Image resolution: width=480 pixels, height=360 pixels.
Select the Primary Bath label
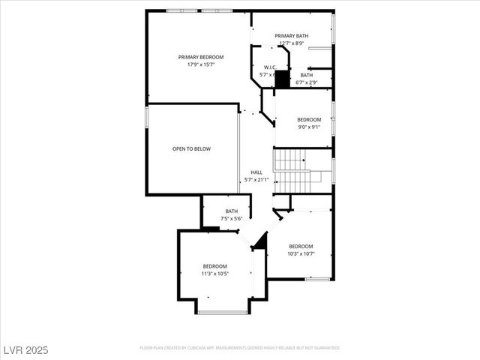[291, 36]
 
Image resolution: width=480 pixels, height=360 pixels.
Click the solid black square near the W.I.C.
[282, 79]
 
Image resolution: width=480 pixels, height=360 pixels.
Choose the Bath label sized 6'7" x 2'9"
[307, 75]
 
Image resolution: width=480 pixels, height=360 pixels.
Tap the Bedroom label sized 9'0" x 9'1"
[309, 120]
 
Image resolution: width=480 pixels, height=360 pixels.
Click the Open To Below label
[191, 149]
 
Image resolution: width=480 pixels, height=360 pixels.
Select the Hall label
[256, 172]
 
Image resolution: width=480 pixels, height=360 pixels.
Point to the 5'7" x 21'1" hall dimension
[256, 179]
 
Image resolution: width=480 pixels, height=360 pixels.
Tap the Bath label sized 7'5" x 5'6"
[231, 211]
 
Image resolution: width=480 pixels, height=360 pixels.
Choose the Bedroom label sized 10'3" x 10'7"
[301, 246]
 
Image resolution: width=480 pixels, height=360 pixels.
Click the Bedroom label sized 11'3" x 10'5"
[214, 266]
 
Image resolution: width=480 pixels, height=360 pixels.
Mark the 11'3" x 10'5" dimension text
[214, 274]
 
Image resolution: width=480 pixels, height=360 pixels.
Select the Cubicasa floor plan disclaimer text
[240, 348]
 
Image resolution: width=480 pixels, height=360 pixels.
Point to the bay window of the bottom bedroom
[223, 312]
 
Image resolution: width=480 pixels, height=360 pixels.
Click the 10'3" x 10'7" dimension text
[301, 253]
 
